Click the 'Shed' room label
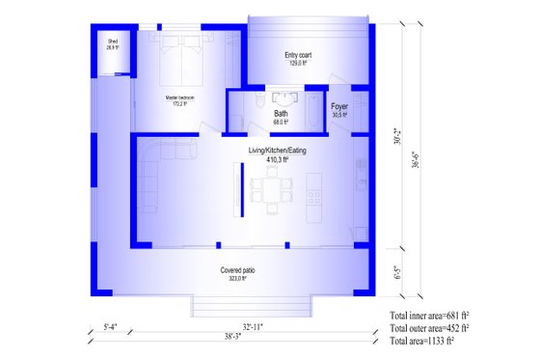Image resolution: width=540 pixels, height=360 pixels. tap(112, 42)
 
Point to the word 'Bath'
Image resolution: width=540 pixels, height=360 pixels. tap(281, 114)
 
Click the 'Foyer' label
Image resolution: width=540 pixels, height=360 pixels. tap(339, 107)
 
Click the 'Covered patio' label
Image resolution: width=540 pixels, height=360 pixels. tap(237, 269)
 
